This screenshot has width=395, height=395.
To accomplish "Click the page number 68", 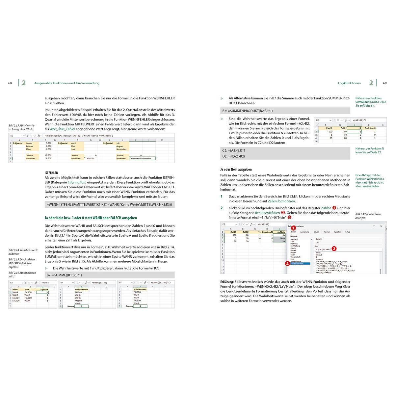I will coord(10,83).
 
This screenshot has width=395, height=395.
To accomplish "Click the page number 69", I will coord(385,83).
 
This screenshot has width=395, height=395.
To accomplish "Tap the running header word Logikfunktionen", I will coord(349,83).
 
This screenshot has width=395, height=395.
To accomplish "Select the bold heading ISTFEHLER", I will coord(51,172).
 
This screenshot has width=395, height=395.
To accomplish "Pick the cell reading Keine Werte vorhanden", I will coord(142,158).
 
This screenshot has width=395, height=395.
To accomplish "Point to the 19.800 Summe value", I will coord(48,155).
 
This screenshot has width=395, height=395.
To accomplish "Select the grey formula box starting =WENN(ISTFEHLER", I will coord(109,204).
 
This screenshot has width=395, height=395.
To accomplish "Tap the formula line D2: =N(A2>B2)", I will coord(234,156).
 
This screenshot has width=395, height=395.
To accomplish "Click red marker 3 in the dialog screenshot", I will coord(334,249).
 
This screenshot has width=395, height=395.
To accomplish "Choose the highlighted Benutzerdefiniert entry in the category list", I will coord(298,264).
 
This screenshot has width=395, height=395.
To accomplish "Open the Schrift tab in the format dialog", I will coord(316,232).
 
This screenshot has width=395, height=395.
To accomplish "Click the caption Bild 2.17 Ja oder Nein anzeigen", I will coord(368,216).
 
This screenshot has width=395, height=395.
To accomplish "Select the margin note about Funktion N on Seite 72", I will coord(369,150).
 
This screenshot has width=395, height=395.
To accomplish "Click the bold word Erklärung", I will coord(227,282).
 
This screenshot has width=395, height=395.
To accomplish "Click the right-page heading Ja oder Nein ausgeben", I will coord(236,169).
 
